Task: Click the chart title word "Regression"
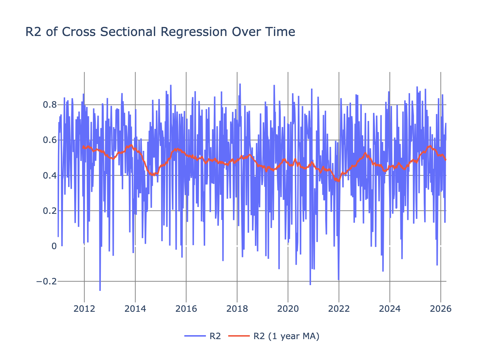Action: (194, 32)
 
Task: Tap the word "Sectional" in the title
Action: (129, 32)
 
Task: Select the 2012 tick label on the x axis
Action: (84, 309)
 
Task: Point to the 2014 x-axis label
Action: (135, 309)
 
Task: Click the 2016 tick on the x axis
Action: (186, 309)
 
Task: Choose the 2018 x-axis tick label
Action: (237, 309)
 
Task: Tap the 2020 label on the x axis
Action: (288, 309)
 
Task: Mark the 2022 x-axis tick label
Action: (339, 309)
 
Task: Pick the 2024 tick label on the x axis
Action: (390, 309)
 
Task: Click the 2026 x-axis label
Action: (441, 309)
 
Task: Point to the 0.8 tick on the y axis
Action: (50, 105)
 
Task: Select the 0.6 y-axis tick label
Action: (50, 140)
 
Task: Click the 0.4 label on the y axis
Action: (50, 175)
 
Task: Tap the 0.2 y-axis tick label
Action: (50, 211)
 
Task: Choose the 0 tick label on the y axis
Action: (54, 246)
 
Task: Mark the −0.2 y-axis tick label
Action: (47, 282)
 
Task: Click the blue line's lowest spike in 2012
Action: (100, 290)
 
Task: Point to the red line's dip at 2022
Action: (339, 181)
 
